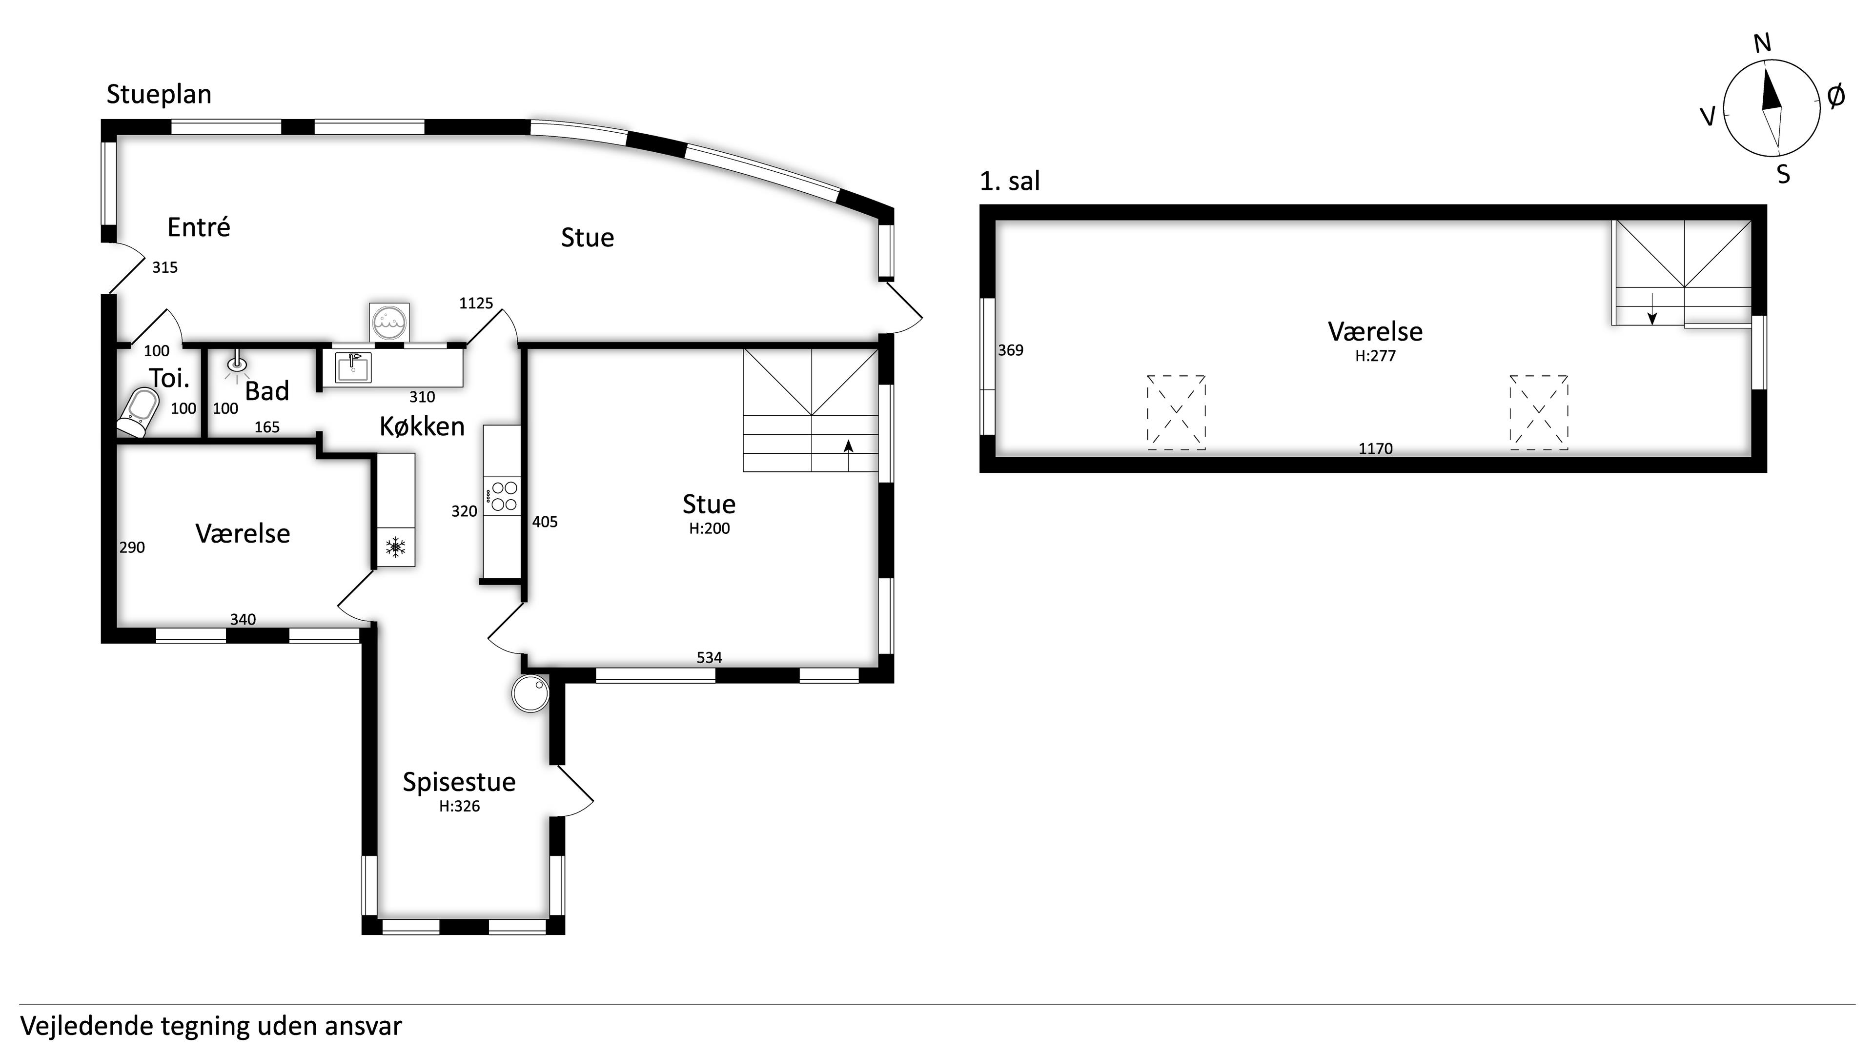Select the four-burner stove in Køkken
tap(503, 496)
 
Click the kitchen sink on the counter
tap(353, 367)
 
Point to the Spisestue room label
tap(459, 782)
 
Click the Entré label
tap(199, 227)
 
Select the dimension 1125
tap(476, 304)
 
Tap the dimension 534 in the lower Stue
tap(709, 658)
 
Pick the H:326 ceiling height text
tap(459, 806)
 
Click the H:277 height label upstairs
tap(1375, 356)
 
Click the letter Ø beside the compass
tap(1836, 95)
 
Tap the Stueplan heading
tap(159, 95)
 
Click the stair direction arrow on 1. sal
tap(1652, 308)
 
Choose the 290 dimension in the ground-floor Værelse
tap(132, 547)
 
